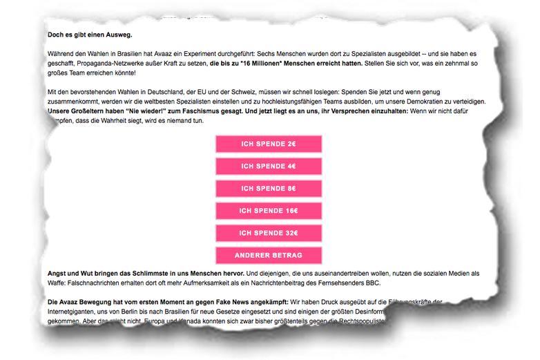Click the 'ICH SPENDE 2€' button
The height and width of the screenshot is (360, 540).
point(269,144)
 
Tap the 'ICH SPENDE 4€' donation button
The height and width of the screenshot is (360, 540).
point(269,167)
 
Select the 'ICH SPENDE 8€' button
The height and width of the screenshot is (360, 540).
point(269,189)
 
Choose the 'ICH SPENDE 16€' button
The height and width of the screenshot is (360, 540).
point(269,211)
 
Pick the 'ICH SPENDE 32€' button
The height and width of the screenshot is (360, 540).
point(269,233)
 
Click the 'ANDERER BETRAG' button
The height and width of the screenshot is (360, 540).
point(269,255)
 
